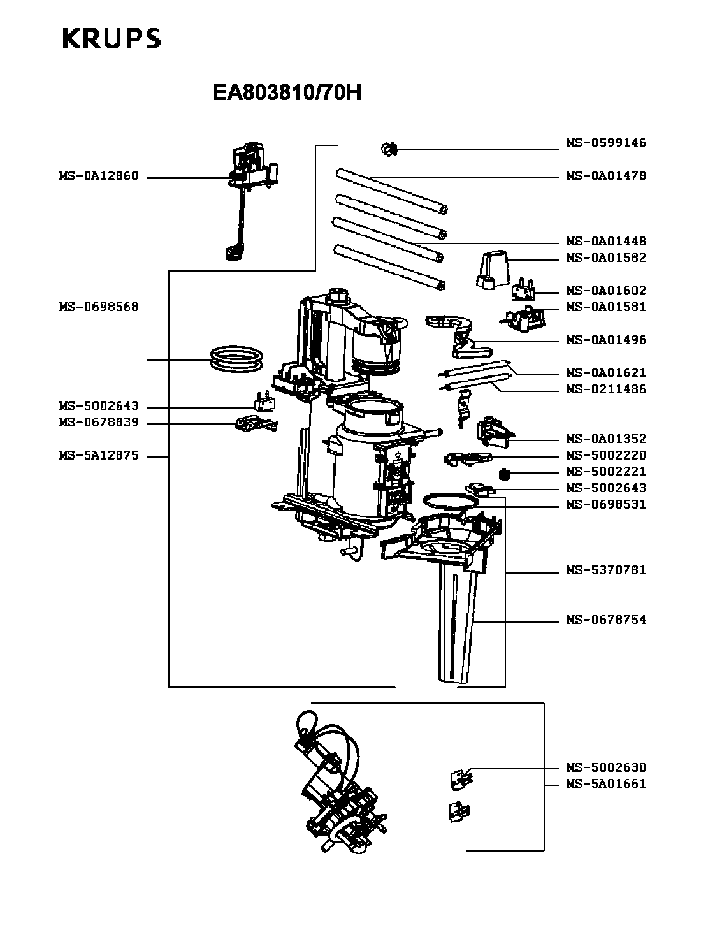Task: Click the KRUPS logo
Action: pyautogui.click(x=112, y=39)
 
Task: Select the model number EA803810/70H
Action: pyautogui.click(x=287, y=94)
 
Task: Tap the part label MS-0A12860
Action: pyautogui.click(x=99, y=176)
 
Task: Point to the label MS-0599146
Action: pyautogui.click(x=605, y=143)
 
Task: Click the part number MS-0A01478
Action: pyautogui.click(x=605, y=176)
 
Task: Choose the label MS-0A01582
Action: pyautogui.click(x=605, y=258)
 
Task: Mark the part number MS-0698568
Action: pyautogui.click(x=99, y=307)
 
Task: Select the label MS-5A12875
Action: pyautogui.click(x=99, y=456)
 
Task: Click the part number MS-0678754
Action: pyautogui.click(x=605, y=620)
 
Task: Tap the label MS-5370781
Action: pyautogui.click(x=605, y=570)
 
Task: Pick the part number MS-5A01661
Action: pyautogui.click(x=605, y=784)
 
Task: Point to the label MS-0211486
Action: pyautogui.click(x=605, y=389)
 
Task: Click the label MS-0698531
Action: pyautogui.click(x=605, y=505)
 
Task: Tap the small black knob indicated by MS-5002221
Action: pyautogui.click(x=505, y=474)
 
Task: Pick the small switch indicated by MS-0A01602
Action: pyautogui.click(x=524, y=289)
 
